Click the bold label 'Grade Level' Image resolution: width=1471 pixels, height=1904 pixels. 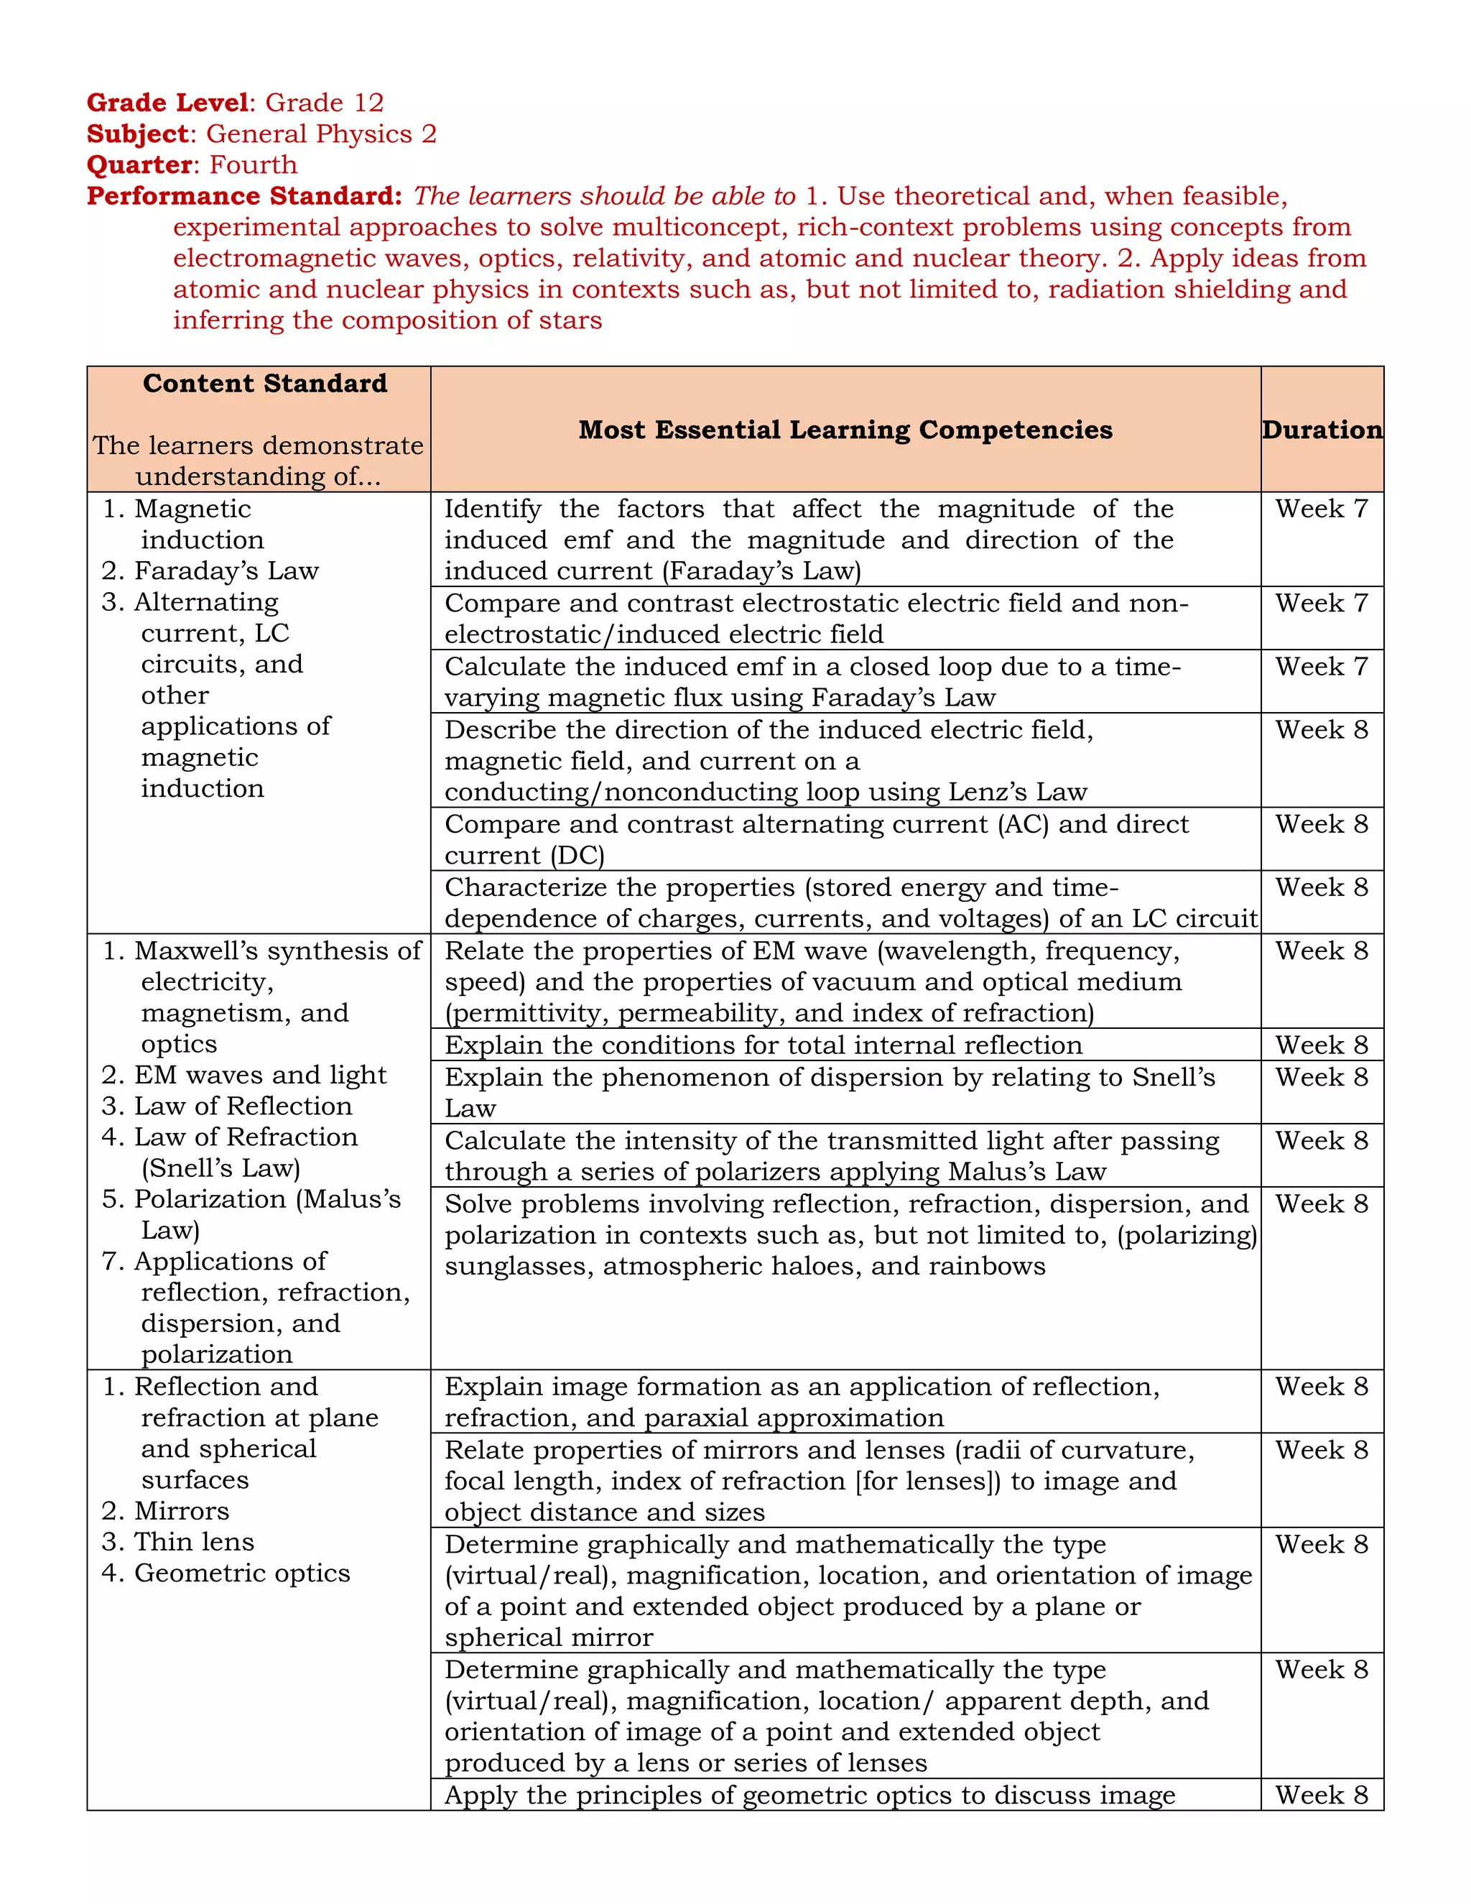pos(167,103)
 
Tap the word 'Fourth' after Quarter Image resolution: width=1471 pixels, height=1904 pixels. pos(254,165)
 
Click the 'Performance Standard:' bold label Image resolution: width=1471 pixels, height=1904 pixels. pos(244,196)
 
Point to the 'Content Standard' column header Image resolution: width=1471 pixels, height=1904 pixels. pos(265,384)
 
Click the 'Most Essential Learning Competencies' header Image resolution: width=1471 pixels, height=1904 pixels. pos(845,430)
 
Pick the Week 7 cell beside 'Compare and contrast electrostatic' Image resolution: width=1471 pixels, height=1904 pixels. pos(1321,604)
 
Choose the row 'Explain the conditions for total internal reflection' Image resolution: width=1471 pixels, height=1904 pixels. pos(763,1045)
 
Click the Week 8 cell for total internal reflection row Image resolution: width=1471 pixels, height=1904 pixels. pos(1321,1045)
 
